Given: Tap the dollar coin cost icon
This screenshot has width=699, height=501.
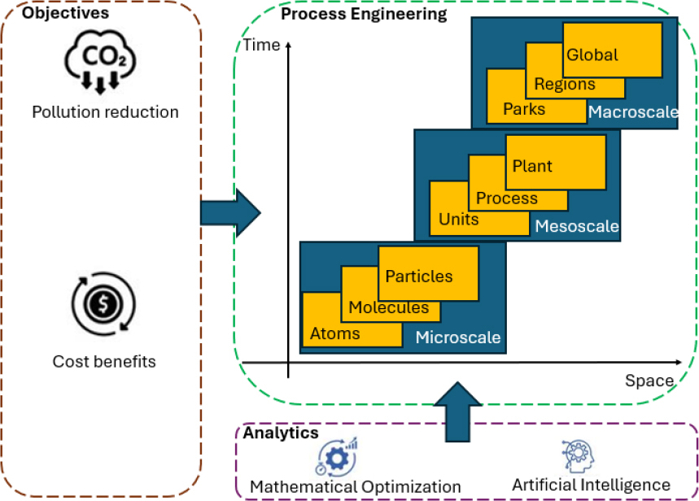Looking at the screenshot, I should (103, 305).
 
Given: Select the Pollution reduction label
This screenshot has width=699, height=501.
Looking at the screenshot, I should (105, 111).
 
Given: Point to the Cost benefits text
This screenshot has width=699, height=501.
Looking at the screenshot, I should (104, 360).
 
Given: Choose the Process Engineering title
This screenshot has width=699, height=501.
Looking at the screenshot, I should (363, 15).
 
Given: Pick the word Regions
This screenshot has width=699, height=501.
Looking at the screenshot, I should (565, 84).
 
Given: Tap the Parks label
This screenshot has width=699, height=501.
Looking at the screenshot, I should (524, 108).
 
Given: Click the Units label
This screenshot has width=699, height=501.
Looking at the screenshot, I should (459, 219).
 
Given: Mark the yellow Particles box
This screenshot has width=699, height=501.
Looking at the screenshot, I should (428, 272).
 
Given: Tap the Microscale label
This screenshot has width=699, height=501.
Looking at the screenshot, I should (458, 337).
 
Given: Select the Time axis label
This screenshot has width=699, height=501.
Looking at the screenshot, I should (261, 46).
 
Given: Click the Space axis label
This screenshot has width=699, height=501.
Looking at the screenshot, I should (649, 381).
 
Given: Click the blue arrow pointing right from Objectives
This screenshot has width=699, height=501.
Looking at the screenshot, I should (229, 213).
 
